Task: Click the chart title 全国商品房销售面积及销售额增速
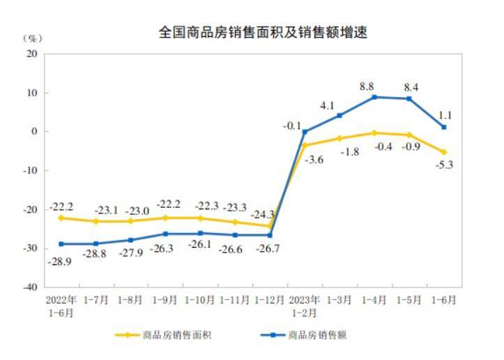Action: [x=263, y=33]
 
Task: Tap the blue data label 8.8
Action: [x=367, y=87]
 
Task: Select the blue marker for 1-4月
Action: [x=375, y=97]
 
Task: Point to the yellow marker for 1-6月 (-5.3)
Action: [x=444, y=152]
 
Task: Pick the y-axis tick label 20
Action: [x=31, y=54]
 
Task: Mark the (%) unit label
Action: [x=31, y=38]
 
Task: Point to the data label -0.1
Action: [x=292, y=126]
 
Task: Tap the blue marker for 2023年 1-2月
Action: [x=305, y=132]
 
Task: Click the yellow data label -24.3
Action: [x=266, y=214]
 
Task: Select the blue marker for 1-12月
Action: [x=270, y=235]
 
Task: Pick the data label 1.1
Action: [x=447, y=117]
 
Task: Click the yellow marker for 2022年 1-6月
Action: [x=61, y=218]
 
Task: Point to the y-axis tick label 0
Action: [x=34, y=132]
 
